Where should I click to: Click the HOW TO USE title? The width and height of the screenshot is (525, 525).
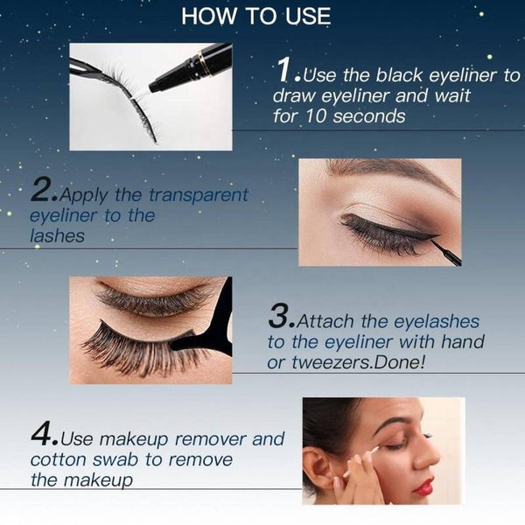256,16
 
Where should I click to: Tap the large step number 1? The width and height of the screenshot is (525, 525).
284,69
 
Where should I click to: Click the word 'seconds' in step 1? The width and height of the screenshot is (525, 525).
368,116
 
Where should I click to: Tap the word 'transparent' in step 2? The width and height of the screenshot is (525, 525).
198,195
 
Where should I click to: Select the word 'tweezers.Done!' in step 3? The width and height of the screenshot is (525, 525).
358,362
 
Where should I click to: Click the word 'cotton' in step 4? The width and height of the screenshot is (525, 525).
59,459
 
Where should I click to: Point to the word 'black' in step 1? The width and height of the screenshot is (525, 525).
398,74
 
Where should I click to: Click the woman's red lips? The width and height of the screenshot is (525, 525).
423,486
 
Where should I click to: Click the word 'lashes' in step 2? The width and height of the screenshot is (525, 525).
57,235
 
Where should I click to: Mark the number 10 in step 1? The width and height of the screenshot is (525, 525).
316,116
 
